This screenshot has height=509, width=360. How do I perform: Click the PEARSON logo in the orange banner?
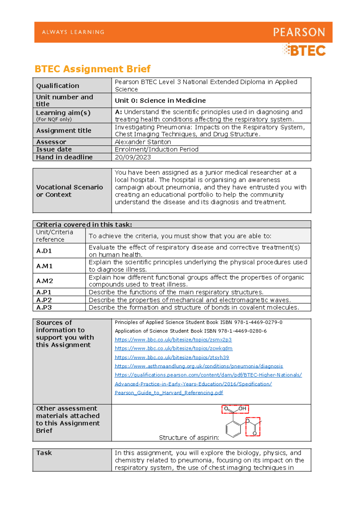click(299, 32)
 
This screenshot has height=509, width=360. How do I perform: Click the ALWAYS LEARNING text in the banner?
click(73, 32)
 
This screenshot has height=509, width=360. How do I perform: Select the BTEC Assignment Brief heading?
click(92, 69)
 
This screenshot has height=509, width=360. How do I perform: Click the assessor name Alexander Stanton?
click(143, 142)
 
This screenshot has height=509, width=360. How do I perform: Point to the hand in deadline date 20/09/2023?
click(133, 157)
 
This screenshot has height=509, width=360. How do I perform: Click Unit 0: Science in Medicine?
click(160, 101)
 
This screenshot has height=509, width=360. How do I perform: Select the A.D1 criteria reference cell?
click(44, 251)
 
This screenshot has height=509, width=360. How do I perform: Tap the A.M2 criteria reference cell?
click(45, 281)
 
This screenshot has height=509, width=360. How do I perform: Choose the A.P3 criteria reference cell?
click(44, 308)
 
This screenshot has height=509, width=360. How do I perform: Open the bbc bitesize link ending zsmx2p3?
click(173, 340)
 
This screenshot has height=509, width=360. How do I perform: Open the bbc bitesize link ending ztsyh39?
click(172, 357)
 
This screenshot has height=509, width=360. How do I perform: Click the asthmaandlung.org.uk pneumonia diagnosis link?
click(199, 366)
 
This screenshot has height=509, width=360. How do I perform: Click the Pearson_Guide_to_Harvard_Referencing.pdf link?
click(169, 393)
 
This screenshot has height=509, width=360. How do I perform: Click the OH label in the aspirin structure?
click(242, 409)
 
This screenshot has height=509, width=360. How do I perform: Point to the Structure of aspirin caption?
click(189, 438)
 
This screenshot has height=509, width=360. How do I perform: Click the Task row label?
click(44, 453)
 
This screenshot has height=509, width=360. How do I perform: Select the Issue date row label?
click(54, 149)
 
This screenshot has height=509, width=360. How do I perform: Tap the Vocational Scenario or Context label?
click(69, 191)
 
